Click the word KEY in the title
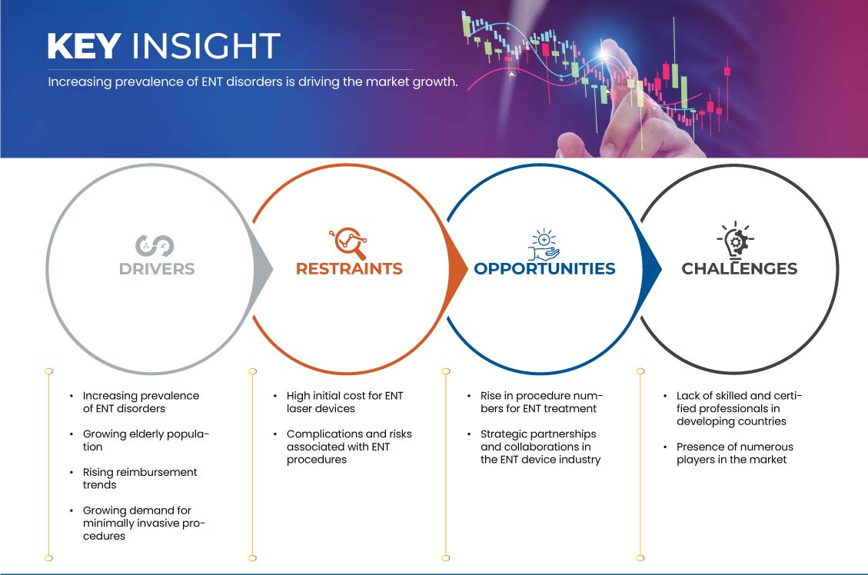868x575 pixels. (84, 46)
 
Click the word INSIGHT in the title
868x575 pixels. (206, 46)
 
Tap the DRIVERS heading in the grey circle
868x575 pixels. (157, 269)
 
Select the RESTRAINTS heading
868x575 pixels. (349, 269)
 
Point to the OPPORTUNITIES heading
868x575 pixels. (545, 269)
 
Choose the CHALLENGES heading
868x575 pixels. (740, 269)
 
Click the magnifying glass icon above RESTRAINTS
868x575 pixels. (348, 242)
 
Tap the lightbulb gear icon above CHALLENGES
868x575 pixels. (736, 240)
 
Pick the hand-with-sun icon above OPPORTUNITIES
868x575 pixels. (544, 244)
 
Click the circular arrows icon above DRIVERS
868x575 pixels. (155, 246)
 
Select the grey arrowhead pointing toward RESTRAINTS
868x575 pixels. (262, 270)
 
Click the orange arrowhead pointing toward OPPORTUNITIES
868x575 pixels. (457, 270)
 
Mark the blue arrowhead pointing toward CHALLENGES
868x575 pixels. (651, 270)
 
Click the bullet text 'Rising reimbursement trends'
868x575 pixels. (140, 479)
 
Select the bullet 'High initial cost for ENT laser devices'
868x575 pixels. (345, 402)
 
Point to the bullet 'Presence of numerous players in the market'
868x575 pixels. (734, 454)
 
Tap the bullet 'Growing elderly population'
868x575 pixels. (146, 440)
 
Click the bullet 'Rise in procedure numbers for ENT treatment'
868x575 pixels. (541, 402)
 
